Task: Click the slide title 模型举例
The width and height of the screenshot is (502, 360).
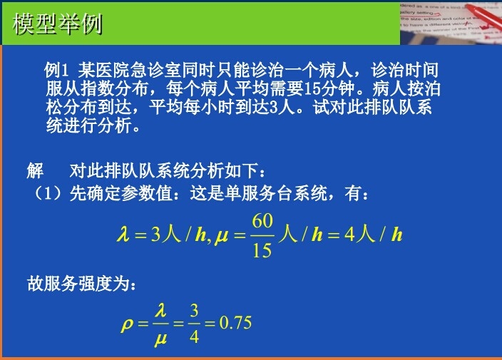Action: tap(58, 24)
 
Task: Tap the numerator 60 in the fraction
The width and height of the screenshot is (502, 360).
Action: tap(262, 220)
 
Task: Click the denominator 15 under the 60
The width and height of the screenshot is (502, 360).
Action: tap(262, 250)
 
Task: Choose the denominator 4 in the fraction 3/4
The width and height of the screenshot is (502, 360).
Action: tap(193, 337)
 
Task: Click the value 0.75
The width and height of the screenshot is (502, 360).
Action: tap(235, 323)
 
